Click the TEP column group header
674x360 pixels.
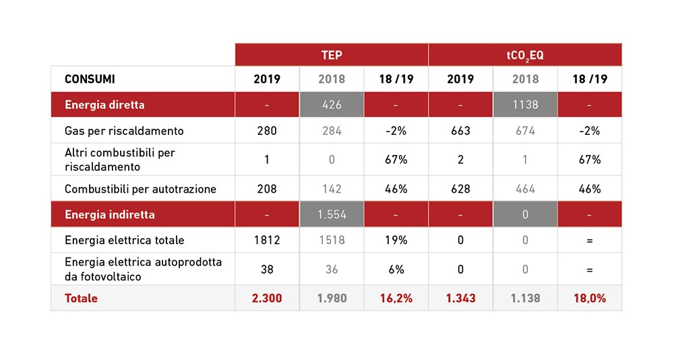(331, 55)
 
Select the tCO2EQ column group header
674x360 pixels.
(525, 55)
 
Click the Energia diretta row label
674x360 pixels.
(104, 105)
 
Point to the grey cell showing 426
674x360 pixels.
(332, 105)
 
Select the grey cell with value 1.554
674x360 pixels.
(332, 215)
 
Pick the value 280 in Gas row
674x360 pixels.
(267, 131)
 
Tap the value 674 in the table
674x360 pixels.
(525, 131)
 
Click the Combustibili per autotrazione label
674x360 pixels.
(140, 189)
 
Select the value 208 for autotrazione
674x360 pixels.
(267, 189)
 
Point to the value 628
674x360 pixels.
(460, 189)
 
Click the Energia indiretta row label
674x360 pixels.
(110, 215)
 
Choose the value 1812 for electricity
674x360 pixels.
(267, 241)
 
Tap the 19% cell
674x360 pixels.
(396, 241)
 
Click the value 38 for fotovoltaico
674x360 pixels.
(267, 269)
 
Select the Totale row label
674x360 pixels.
(81, 298)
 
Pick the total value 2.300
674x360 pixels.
(267, 298)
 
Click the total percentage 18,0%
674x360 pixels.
(590, 298)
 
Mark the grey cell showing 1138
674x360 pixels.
(525, 105)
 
